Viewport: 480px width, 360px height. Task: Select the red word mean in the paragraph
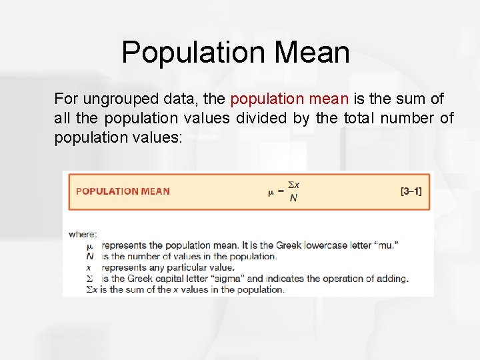[329, 99]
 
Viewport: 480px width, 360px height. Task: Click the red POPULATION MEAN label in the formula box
[123, 191]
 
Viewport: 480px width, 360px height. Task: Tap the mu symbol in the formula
[271, 193]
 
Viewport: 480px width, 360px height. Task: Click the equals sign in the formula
[281, 192]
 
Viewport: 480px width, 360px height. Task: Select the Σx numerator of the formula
[293, 184]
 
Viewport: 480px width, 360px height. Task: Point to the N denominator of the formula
[293, 199]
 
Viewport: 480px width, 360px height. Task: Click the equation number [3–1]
[411, 191]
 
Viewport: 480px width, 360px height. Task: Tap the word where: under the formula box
[83, 234]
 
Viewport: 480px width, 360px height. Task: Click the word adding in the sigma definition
[391, 279]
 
